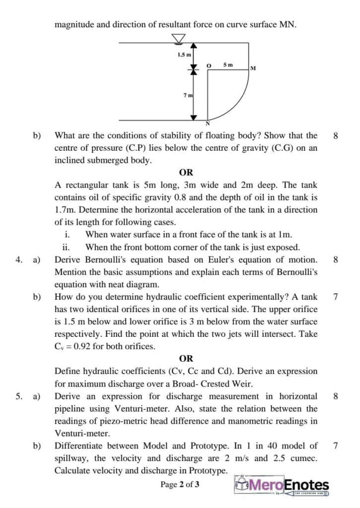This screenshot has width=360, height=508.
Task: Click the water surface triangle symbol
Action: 177,38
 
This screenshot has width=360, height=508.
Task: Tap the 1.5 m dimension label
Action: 184,54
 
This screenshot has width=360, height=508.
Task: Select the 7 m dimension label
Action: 188,95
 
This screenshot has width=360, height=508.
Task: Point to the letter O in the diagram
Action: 209,65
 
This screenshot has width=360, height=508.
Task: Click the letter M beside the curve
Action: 253,68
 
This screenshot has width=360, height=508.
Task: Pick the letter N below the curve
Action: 208,124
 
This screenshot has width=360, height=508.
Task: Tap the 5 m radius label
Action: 227,64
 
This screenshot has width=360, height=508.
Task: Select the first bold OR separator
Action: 186,173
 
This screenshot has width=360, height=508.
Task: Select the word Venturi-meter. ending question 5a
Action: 76,433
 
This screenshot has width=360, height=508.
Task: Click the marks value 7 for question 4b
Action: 335,297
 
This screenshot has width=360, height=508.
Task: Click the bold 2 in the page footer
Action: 182,485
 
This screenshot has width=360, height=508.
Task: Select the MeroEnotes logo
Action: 281,486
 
